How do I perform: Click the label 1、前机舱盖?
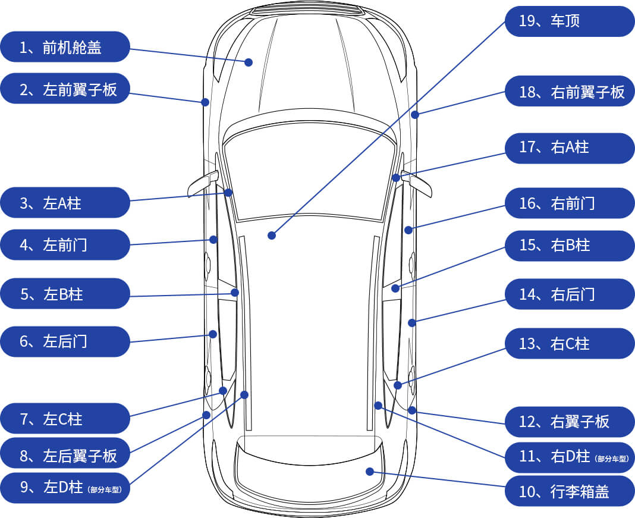point(65,47)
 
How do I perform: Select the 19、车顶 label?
point(570,21)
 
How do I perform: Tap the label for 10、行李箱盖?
point(570,491)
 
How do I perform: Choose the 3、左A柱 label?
point(65,203)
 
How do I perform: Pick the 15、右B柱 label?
point(570,245)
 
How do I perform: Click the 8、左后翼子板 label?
point(65,456)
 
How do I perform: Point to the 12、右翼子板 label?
point(570,422)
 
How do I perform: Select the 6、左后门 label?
point(65,341)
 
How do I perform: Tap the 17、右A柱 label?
point(570,147)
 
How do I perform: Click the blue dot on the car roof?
point(272,236)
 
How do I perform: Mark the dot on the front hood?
point(249,62)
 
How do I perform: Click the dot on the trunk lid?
point(370,472)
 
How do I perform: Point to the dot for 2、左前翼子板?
point(205,102)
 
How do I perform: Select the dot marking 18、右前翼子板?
point(415,114)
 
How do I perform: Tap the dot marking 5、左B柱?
point(235,293)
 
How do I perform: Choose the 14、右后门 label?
point(570,294)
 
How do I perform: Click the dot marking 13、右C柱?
point(398,385)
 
